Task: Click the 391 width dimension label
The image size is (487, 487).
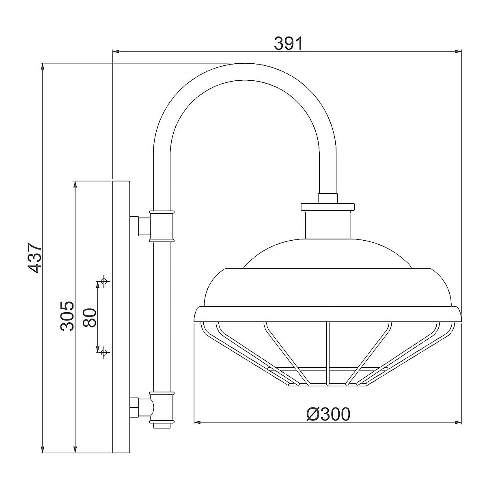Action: (x=289, y=43)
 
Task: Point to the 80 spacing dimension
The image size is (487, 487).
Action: (x=89, y=317)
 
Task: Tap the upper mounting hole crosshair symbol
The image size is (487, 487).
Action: (x=104, y=281)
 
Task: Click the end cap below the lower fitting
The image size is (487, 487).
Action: (x=162, y=425)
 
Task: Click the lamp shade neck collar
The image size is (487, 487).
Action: (x=328, y=221)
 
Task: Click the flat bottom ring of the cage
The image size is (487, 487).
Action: (x=328, y=384)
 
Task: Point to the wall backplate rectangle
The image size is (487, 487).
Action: (x=121, y=317)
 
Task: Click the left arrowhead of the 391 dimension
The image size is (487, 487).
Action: (x=116, y=52)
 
